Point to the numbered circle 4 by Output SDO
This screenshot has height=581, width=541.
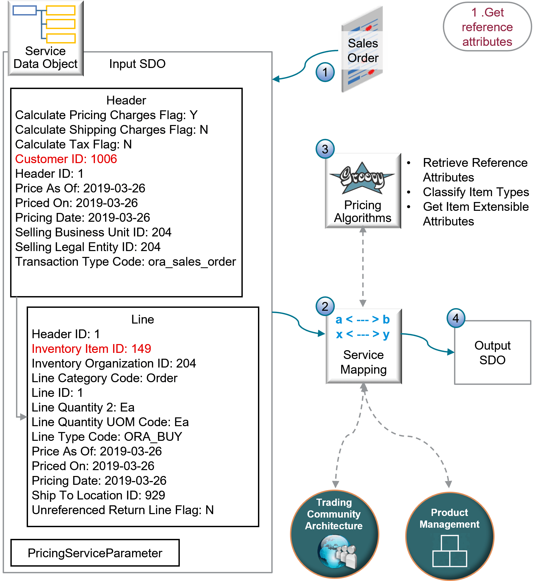click(x=456, y=318)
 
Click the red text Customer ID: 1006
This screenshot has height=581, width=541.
click(x=66, y=159)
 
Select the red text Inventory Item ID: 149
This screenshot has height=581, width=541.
click(x=91, y=349)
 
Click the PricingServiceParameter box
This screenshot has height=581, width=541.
click(x=95, y=553)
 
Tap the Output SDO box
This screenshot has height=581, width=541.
click(x=492, y=352)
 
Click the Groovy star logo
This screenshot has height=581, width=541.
click(x=362, y=178)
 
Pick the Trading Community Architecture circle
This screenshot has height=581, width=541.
click(x=334, y=534)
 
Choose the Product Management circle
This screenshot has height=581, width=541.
click(x=449, y=536)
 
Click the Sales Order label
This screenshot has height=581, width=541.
click(x=363, y=50)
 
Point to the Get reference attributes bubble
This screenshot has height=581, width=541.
click(x=487, y=27)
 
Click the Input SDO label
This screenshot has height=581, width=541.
click(x=137, y=64)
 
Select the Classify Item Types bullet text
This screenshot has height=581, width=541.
click(x=476, y=192)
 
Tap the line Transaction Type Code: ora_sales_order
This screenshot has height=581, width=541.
click(x=125, y=261)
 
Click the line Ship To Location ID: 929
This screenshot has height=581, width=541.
click(x=98, y=495)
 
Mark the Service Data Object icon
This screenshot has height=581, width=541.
click(x=46, y=38)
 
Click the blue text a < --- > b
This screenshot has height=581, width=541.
click(x=362, y=320)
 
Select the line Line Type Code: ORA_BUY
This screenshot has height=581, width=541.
click(x=107, y=437)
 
